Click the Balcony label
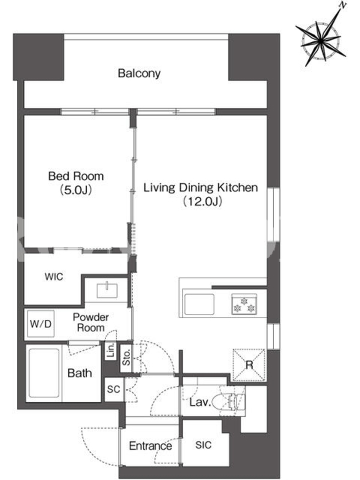tap(139, 73)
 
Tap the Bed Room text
tap(76, 176)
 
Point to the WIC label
tap(54, 277)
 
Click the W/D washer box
tap(41, 323)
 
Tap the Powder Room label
tap(91, 322)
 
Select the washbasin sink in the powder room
tap(107, 290)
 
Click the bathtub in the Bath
tap(44, 373)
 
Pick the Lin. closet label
tap(111, 350)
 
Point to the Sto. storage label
tap(126, 358)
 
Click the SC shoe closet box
tap(114, 389)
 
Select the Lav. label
tap(200, 402)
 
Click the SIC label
tap(203, 445)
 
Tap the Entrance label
tap(151, 446)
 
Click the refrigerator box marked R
tap(249, 365)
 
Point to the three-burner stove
tap(244, 304)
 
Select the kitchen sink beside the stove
tap(199, 304)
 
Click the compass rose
tap(322, 39)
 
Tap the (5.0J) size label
tap(76, 190)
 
